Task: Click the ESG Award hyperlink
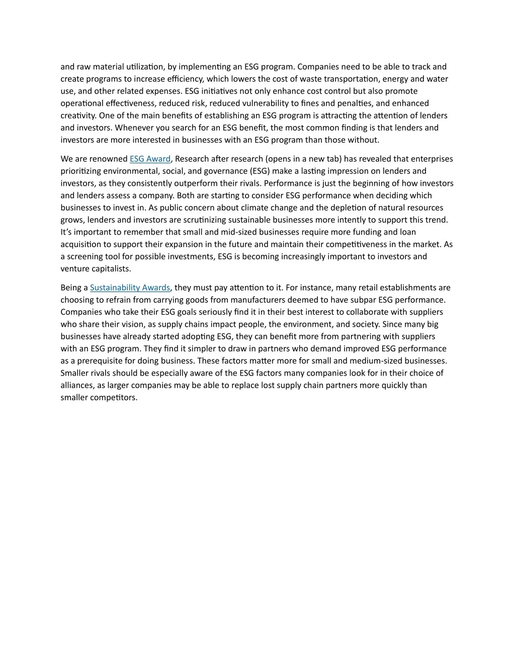pos(150,159)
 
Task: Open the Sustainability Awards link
pos(130,288)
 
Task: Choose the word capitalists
pos(111,269)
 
